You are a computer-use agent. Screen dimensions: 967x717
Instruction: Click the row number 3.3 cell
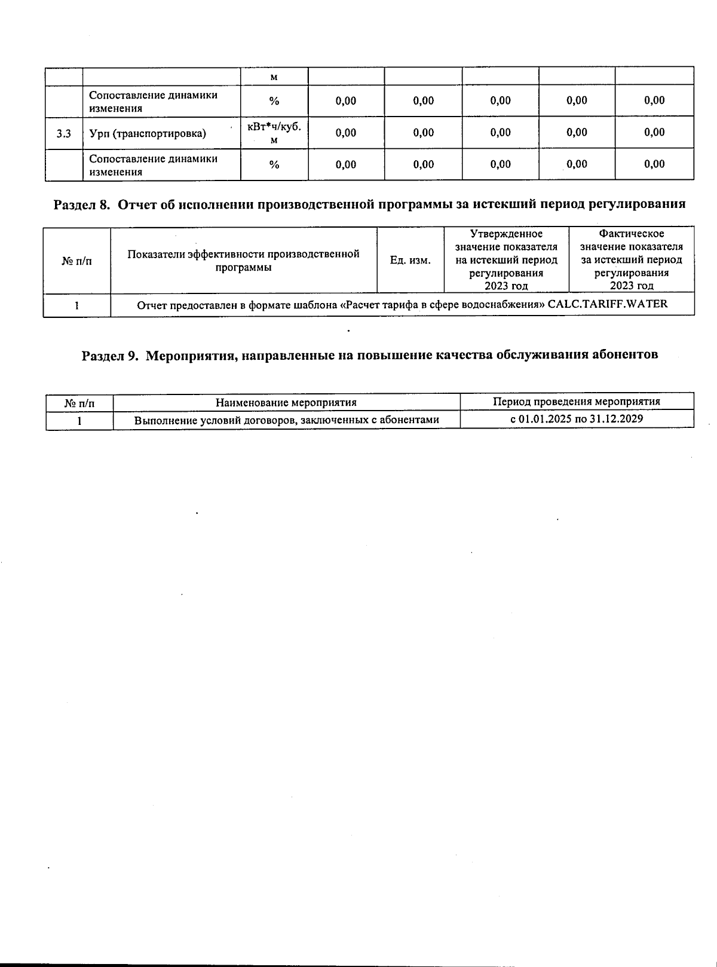[x=64, y=133]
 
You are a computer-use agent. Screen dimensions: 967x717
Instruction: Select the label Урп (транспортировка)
[x=148, y=133]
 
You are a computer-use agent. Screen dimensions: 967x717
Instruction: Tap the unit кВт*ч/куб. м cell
[x=274, y=133]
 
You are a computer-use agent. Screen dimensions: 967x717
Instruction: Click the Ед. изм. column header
[x=410, y=260]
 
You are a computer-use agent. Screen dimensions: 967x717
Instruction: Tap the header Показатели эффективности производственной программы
[x=244, y=260]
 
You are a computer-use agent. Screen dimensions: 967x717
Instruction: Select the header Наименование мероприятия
[x=286, y=402]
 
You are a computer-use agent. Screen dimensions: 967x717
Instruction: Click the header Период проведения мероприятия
[x=577, y=402]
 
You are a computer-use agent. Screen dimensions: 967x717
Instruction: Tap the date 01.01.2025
[x=545, y=418]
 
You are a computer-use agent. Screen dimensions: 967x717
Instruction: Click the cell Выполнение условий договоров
[x=286, y=420]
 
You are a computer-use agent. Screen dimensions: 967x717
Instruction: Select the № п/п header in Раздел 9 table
[x=79, y=403]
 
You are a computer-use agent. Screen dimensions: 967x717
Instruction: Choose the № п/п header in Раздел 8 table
[x=77, y=261]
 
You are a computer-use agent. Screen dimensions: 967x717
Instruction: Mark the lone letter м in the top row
[x=274, y=77]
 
